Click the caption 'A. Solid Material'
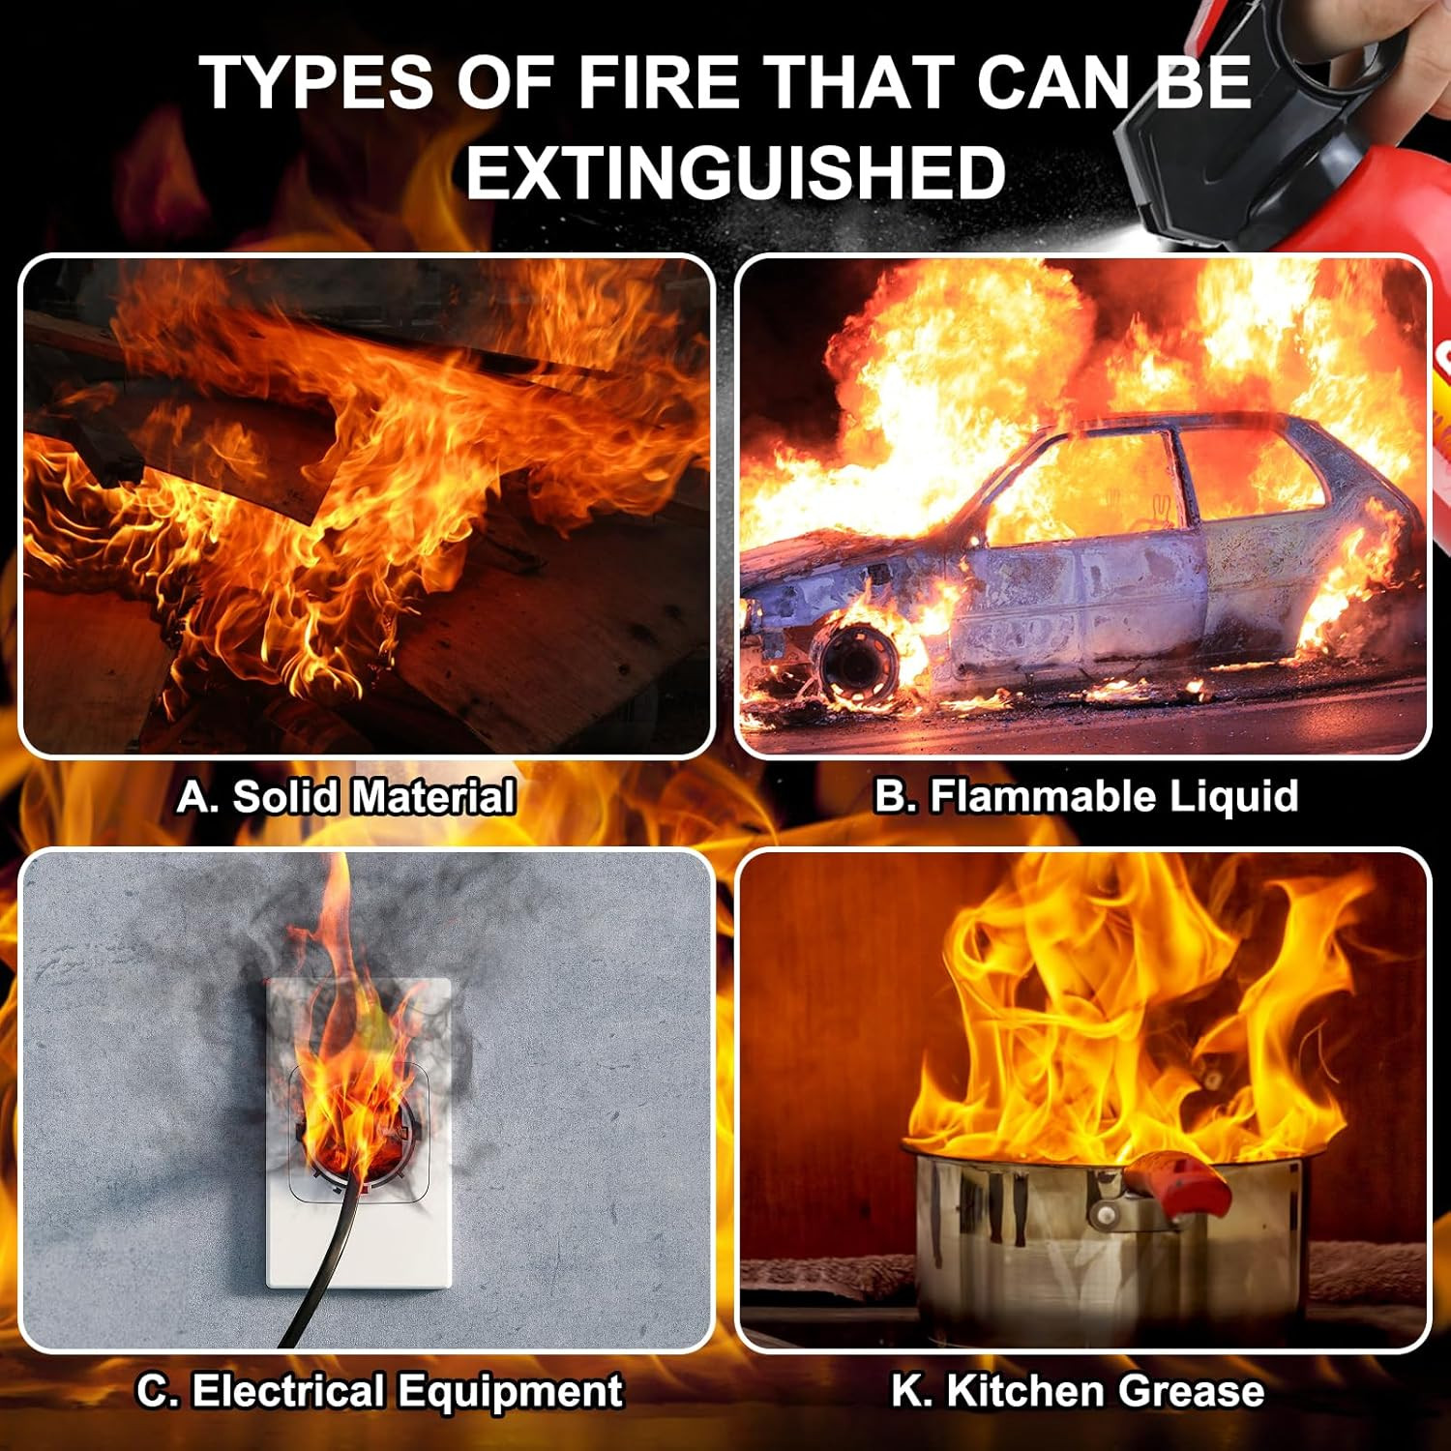345,797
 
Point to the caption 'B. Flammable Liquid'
1085,796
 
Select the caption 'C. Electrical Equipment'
379,1391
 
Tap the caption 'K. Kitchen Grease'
1078,1391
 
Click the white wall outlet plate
359,1132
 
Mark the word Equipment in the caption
511,1393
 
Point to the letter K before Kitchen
906,1391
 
